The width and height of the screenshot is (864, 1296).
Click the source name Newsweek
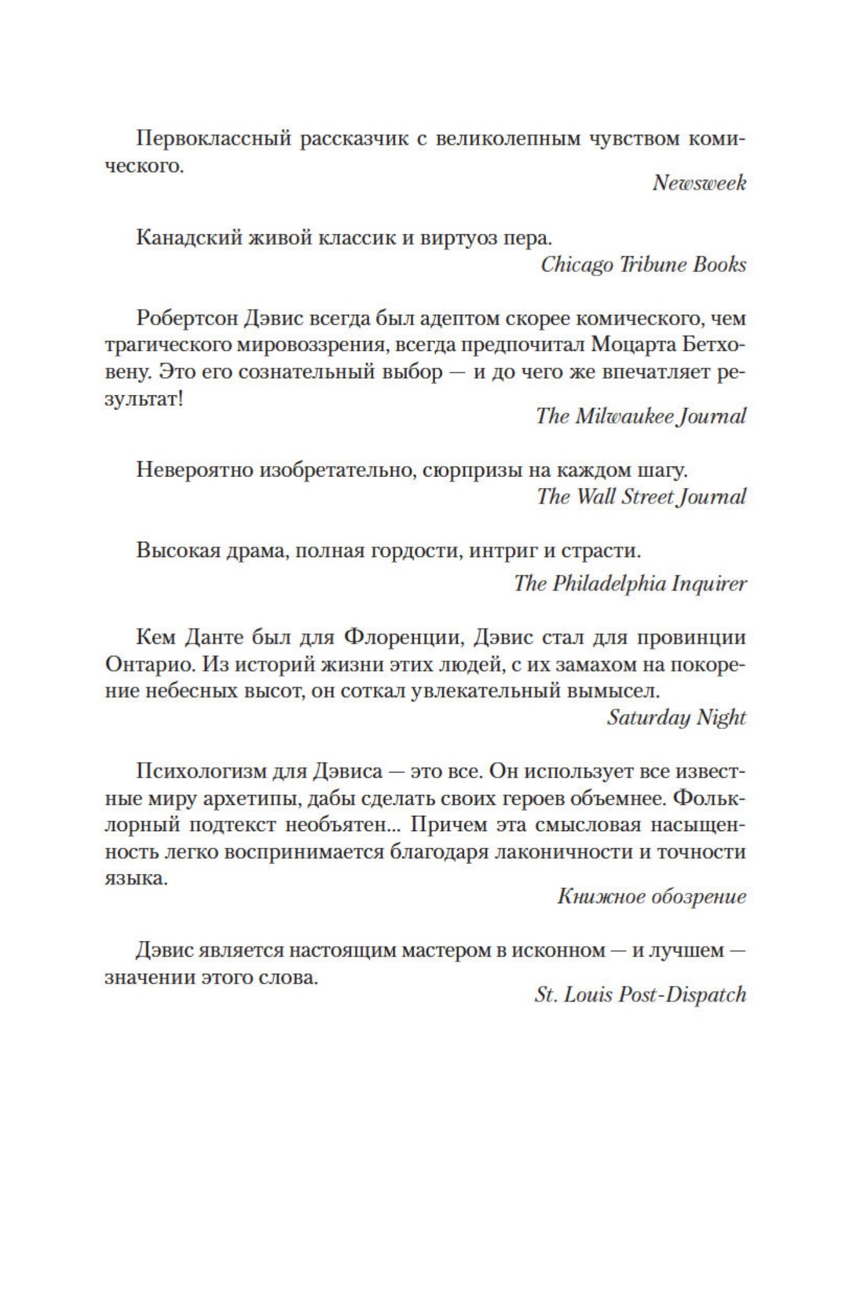698,183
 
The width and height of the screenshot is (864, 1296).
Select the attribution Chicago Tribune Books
643,264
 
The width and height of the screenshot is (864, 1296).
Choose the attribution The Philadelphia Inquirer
629,584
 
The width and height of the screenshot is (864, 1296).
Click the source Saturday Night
675,717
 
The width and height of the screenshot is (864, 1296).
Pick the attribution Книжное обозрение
651,896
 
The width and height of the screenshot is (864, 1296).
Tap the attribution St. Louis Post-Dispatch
639,994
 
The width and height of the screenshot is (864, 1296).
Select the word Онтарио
149,664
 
